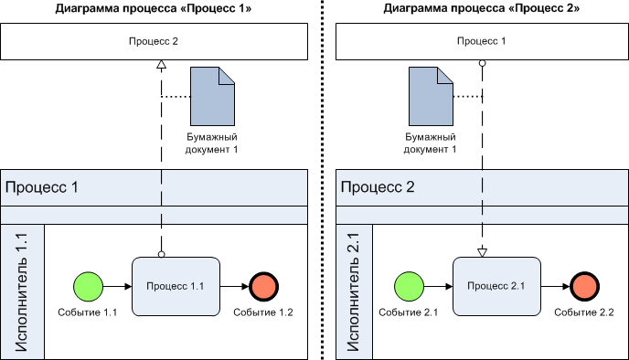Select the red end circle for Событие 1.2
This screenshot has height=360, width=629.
coord(262,286)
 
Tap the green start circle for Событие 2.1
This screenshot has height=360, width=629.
coord(408,286)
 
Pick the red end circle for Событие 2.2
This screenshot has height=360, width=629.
coord(584,286)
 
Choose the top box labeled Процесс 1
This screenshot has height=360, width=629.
coord(481,42)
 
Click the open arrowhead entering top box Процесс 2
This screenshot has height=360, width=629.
coord(161,65)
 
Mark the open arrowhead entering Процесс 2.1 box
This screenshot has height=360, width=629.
coord(483,252)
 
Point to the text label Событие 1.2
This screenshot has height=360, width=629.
coord(262,313)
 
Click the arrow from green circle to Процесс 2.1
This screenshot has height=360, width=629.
coord(438,286)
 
